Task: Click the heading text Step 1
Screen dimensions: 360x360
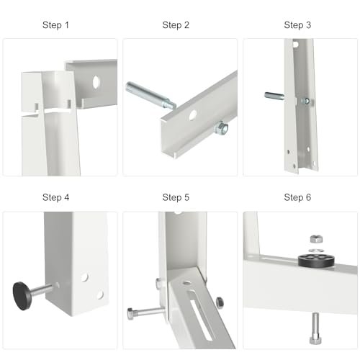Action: (x=55, y=25)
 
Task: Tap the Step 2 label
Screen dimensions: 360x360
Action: (x=176, y=25)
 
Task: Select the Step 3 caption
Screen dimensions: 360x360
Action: (x=297, y=25)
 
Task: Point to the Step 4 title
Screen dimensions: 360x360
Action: (x=55, y=197)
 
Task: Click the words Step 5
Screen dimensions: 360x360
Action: (x=176, y=197)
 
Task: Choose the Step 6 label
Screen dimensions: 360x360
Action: (x=297, y=197)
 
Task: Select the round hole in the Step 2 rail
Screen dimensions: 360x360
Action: (x=193, y=114)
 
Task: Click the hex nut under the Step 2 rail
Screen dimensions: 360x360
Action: (x=222, y=130)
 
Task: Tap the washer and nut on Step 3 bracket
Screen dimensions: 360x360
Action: (x=305, y=101)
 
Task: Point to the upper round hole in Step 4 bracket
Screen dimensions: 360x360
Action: (x=85, y=276)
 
